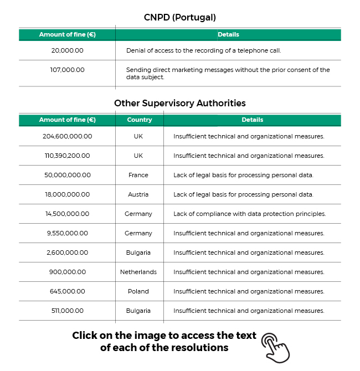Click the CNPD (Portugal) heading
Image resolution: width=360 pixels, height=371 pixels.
(179, 17)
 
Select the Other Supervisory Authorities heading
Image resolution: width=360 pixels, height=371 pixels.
(179, 103)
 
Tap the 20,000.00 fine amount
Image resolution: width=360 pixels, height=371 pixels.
(67, 50)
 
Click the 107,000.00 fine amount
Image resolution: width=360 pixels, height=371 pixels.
(67, 70)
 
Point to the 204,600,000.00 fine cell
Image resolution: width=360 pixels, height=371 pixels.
(67, 136)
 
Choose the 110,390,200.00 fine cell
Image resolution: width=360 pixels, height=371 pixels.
(67, 156)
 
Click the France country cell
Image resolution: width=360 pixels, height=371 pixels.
(138, 175)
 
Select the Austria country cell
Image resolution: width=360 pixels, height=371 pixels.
(138, 194)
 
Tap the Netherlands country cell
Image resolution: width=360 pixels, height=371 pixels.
(138, 272)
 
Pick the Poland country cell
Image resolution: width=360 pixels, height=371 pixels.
(138, 291)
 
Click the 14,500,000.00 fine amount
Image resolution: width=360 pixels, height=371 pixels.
(67, 214)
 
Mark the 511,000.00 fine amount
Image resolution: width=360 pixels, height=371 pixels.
(67, 311)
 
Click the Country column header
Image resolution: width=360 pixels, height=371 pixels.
(139, 120)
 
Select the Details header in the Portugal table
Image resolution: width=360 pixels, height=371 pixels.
(228, 34)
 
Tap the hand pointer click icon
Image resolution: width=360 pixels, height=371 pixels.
(275, 347)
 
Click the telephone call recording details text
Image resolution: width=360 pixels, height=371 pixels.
(203, 50)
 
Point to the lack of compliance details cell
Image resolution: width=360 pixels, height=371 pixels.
(249, 214)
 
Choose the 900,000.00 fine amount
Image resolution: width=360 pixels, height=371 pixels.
(67, 272)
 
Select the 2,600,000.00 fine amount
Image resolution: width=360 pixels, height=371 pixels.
(67, 253)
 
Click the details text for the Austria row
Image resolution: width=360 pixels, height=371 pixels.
(243, 194)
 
